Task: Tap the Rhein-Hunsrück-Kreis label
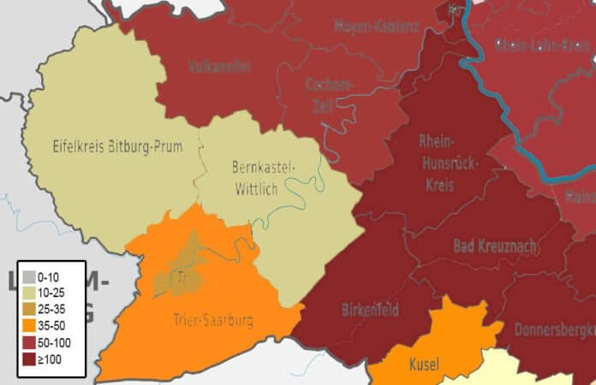coord(438,163)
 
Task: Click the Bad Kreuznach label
coord(495,246)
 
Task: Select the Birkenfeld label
coord(370,311)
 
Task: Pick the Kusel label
coord(424,364)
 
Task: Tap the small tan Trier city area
coord(179,277)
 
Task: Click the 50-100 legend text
coord(63,342)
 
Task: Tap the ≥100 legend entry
coord(52,358)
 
